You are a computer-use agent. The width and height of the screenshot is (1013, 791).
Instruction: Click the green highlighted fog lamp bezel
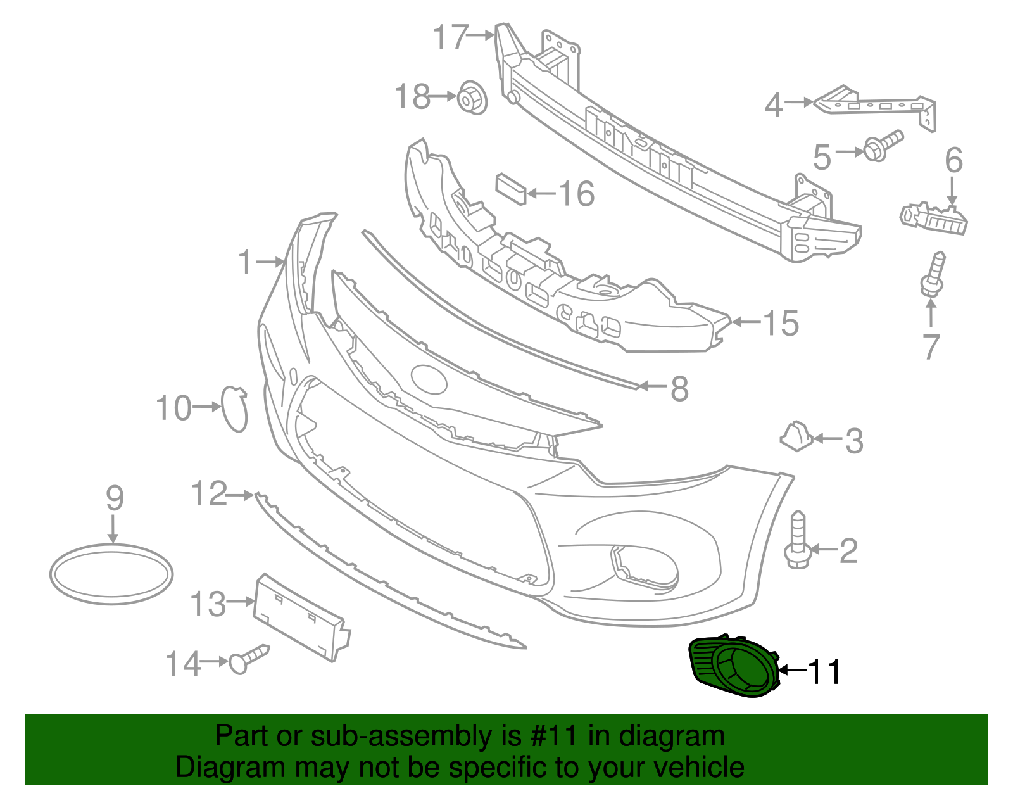point(734,668)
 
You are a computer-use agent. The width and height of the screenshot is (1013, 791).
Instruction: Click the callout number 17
point(451,37)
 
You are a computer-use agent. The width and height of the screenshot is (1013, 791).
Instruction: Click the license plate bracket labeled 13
point(301,618)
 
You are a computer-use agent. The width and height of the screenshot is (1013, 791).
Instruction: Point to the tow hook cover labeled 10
point(234,408)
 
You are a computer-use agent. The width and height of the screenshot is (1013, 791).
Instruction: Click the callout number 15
point(781,324)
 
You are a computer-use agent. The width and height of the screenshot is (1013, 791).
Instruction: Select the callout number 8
point(679,388)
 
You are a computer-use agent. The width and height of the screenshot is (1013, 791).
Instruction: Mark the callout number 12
point(209,493)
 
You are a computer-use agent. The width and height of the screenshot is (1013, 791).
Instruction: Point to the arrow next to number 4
point(800,102)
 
